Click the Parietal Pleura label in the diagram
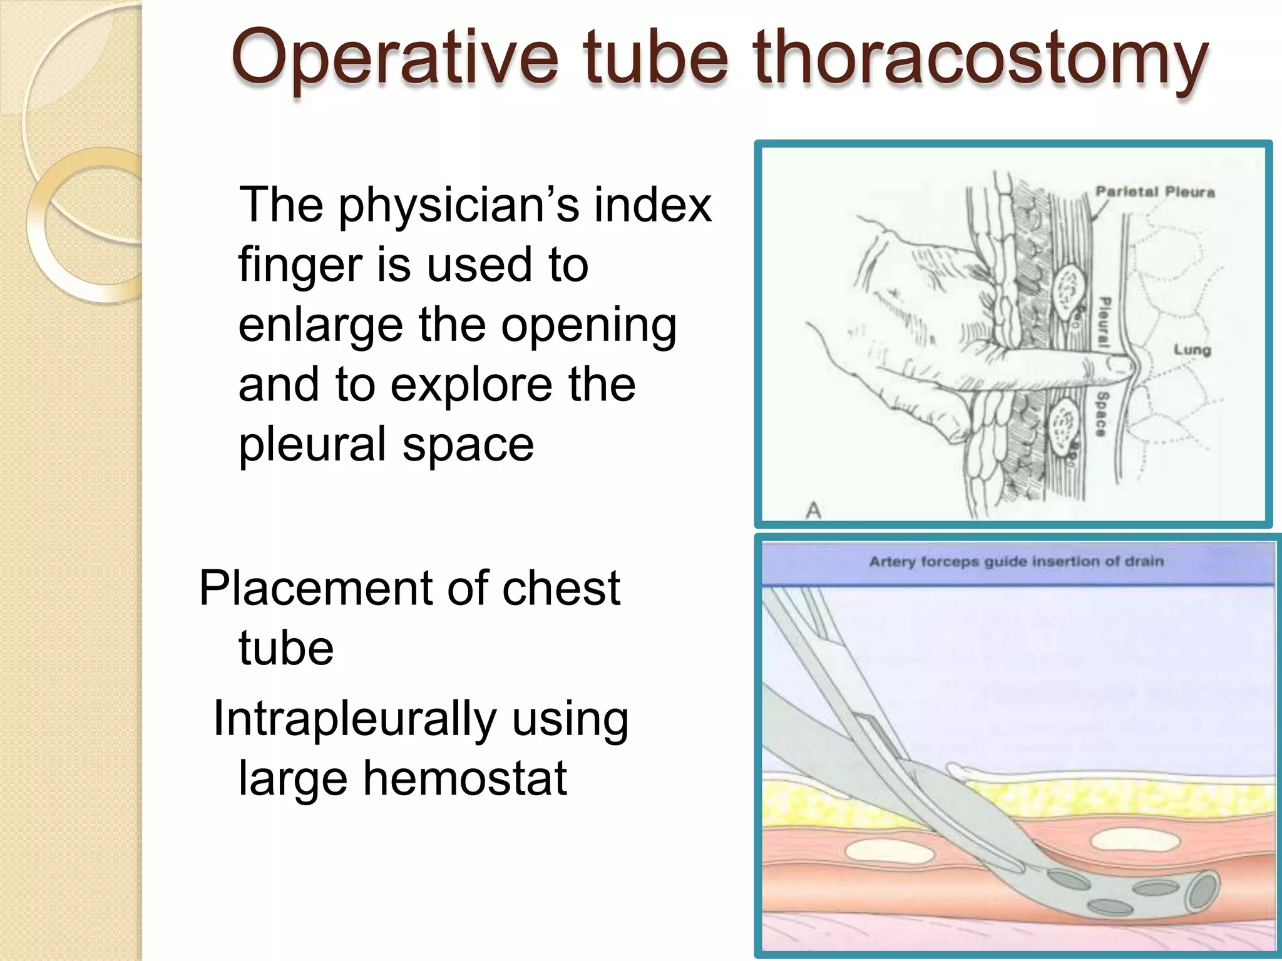click(1155, 192)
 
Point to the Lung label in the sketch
click(1192, 350)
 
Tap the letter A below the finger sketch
click(813, 511)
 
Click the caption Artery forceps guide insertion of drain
click(1016, 562)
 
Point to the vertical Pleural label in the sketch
click(1105, 323)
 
